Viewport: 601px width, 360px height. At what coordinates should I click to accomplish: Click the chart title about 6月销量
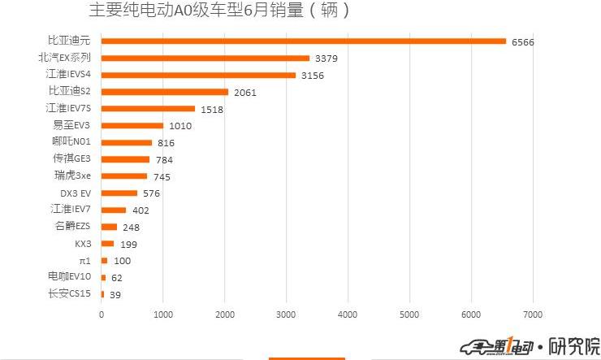click(x=219, y=11)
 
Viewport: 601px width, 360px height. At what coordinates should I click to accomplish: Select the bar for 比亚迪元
click(x=303, y=41)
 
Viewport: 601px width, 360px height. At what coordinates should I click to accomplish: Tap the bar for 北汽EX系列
click(x=205, y=58)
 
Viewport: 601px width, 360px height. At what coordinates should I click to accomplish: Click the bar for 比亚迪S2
click(x=165, y=92)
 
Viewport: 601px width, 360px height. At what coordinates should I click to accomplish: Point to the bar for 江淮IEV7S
click(x=148, y=109)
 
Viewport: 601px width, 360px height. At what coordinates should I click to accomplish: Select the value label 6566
click(x=523, y=42)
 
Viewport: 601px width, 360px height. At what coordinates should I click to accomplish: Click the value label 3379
click(x=326, y=59)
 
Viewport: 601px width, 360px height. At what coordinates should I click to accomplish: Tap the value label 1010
click(x=180, y=126)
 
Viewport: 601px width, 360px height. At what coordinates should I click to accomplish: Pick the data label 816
click(x=166, y=143)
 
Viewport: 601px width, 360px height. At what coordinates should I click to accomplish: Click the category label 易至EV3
click(x=71, y=125)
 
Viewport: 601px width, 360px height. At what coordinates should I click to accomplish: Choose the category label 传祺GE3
click(x=71, y=158)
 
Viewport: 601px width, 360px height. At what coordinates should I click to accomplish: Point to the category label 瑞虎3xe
click(x=72, y=176)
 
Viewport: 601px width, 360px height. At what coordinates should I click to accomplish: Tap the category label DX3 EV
click(x=76, y=193)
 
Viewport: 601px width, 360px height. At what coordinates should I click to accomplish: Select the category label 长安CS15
click(x=70, y=293)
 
